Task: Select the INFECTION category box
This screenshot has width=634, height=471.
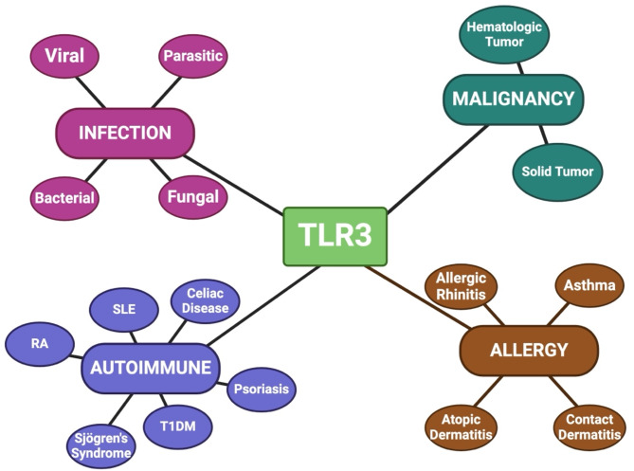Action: tap(125, 132)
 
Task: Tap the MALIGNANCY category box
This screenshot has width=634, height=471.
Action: tap(513, 99)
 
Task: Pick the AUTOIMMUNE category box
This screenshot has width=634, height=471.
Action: tap(151, 368)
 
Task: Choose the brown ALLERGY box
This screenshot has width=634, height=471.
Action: tap(528, 350)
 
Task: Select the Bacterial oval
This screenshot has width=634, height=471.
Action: tap(64, 198)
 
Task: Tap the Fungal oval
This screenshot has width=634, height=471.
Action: tap(192, 197)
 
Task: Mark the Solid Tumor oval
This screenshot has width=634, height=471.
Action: tap(557, 172)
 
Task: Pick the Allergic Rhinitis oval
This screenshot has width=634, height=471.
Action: tap(462, 286)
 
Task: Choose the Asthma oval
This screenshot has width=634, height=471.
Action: tap(589, 285)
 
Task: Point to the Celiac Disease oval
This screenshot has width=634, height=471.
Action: tap(205, 301)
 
